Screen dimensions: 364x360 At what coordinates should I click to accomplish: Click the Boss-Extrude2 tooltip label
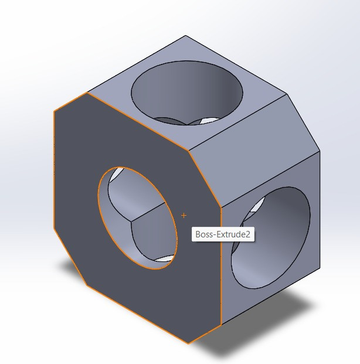point(223,235)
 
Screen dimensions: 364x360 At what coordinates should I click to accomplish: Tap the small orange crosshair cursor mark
point(184,216)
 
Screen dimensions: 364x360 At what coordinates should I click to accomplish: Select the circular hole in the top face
point(187,94)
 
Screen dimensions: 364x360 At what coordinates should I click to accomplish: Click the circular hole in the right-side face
point(270,237)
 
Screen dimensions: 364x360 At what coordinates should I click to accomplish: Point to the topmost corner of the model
point(186,36)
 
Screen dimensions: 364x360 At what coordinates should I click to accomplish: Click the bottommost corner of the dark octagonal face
point(188,343)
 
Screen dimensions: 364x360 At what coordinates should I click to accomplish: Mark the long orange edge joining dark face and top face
point(138,121)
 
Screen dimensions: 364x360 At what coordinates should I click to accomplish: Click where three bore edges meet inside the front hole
point(132,220)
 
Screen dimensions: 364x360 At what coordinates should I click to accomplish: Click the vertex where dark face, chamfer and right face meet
point(221,206)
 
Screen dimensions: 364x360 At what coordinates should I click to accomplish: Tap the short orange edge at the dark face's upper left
point(71,101)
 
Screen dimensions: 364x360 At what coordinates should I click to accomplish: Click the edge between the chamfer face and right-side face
point(270,179)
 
